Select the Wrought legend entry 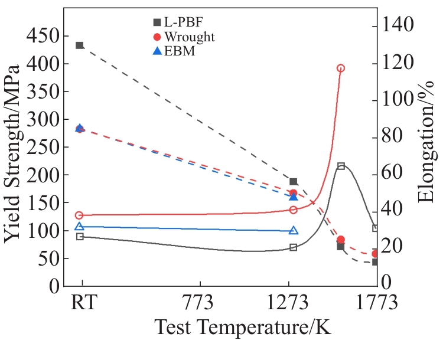pyautogui.click(x=181, y=37)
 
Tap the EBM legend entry pyautogui.click(x=174, y=51)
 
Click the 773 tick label pyautogui.click(x=198, y=305)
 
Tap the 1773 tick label pyautogui.click(x=376, y=305)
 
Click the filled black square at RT pyautogui.click(x=80, y=45)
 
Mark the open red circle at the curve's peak pyautogui.click(x=341, y=68)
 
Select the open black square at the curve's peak pyautogui.click(x=341, y=166)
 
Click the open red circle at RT pyautogui.click(x=80, y=215)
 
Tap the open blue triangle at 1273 pyautogui.click(x=294, y=231)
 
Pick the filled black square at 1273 pyautogui.click(x=294, y=182)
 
